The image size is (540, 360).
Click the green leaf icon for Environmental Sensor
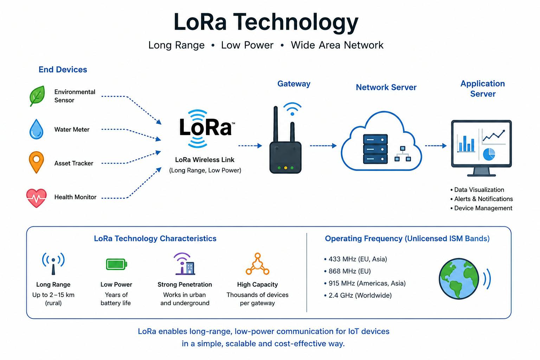click(37, 96)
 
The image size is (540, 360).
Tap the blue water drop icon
click(37, 129)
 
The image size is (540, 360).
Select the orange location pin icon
click(37, 162)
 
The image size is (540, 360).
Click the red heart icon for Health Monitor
click(37, 198)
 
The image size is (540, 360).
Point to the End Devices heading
click(63, 70)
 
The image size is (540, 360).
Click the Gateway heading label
click(294, 84)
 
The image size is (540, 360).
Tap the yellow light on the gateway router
click(286, 168)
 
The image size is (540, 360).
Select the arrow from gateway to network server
click(323, 146)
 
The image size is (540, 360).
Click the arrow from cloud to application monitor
click(436, 146)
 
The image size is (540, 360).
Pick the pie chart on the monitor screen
click(489, 154)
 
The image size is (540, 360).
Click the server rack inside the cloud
click(375, 149)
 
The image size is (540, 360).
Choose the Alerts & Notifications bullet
click(481, 199)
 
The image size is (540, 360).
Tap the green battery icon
click(116, 264)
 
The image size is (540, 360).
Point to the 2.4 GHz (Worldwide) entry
click(358, 295)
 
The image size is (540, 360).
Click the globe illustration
click(459, 279)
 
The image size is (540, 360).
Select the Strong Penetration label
click(185, 284)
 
